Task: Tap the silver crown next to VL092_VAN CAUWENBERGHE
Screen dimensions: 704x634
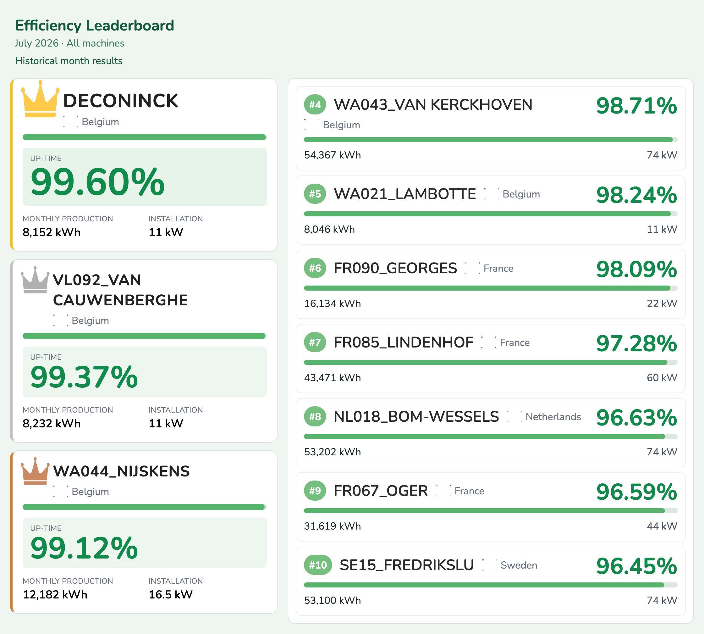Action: click(x=35, y=280)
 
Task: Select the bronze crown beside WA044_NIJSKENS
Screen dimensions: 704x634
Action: click(x=35, y=471)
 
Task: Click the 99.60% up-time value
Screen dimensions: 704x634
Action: click(x=97, y=182)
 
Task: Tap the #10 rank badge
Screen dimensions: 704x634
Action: click(x=318, y=565)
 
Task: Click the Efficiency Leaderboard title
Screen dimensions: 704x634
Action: click(x=95, y=25)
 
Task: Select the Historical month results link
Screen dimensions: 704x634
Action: click(x=69, y=61)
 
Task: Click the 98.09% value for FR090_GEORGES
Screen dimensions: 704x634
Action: click(x=636, y=269)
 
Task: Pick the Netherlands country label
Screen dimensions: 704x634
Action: click(x=553, y=417)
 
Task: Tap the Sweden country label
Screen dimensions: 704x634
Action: click(x=519, y=565)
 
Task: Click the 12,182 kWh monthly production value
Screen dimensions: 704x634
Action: click(x=55, y=594)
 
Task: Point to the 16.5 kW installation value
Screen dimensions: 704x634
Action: click(x=171, y=594)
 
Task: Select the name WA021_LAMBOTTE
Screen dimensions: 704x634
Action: click(x=405, y=194)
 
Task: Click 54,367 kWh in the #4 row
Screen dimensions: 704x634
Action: click(x=333, y=155)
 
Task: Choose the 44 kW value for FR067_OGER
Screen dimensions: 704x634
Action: click(x=662, y=526)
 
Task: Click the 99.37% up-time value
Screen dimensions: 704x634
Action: click(x=84, y=377)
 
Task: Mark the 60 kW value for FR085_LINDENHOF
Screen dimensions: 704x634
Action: click(x=662, y=378)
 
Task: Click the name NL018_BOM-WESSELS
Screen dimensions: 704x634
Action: click(x=416, y=417)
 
